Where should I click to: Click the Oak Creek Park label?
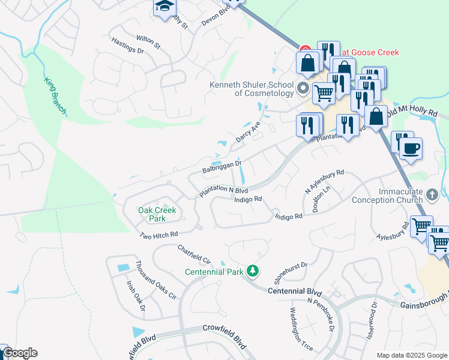[157, 214]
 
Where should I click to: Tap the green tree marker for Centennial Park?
[253, 272]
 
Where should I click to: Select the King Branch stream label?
[55, 96]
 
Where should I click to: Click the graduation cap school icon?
[163, 7]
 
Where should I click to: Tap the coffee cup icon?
[411, 148]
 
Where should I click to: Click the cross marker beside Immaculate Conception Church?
[432, 195]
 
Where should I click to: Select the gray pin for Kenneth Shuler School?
[303, 89]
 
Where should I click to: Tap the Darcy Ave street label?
[248, 130]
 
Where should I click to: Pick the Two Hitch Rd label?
[158, 235]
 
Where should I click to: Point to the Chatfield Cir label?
[194, 254]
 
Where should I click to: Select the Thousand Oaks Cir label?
[155, 280]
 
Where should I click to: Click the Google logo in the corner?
[20, 353]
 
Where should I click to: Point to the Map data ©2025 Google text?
[411, 355]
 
